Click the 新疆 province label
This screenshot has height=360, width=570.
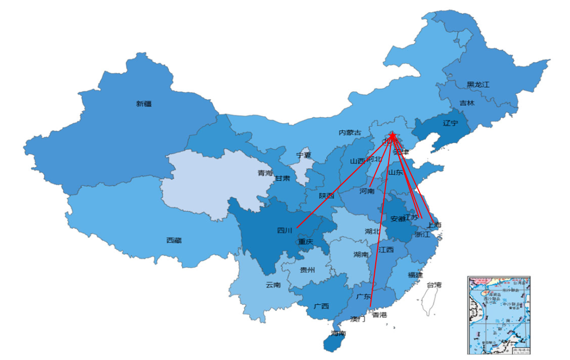tap(144, 104)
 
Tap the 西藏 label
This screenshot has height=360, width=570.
tap(174, 240)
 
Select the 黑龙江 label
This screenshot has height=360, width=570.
tap(478, 84)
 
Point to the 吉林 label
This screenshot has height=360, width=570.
tap(467, 103)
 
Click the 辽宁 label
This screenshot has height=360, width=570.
tap(450, 124)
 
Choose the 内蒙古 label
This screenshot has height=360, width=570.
tap(350, 132)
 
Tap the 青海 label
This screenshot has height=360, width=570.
tap(265, 173)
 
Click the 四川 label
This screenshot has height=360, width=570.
tap(284, 230)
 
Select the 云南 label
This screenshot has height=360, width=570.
tap(273, 285)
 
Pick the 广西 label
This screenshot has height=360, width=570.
tap(321, 306)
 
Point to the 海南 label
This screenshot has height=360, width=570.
tap(338, 334)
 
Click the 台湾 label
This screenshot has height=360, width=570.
tap(434, 285)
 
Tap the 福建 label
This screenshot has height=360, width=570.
tap(415, 274)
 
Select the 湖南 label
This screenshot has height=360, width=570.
tap(361, 254)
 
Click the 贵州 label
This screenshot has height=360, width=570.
tap(307, 270)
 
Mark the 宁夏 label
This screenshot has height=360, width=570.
tap(303, 155)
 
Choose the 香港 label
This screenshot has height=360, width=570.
tap(379, 315)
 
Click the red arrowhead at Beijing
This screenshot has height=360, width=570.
tap(393, 136)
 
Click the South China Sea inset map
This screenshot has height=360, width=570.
tap(499, 315)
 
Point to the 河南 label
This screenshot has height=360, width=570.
tap(367, 191)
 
